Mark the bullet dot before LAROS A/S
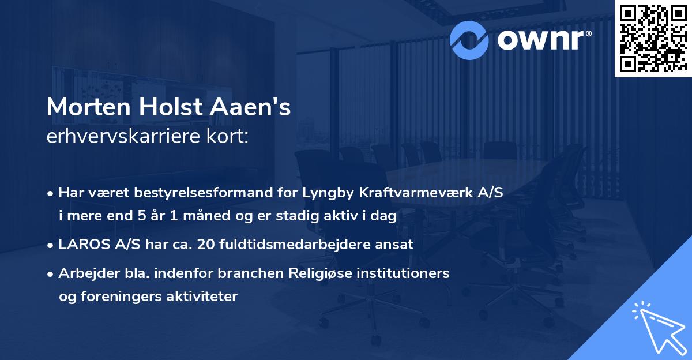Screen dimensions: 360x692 tap(51, 245)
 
